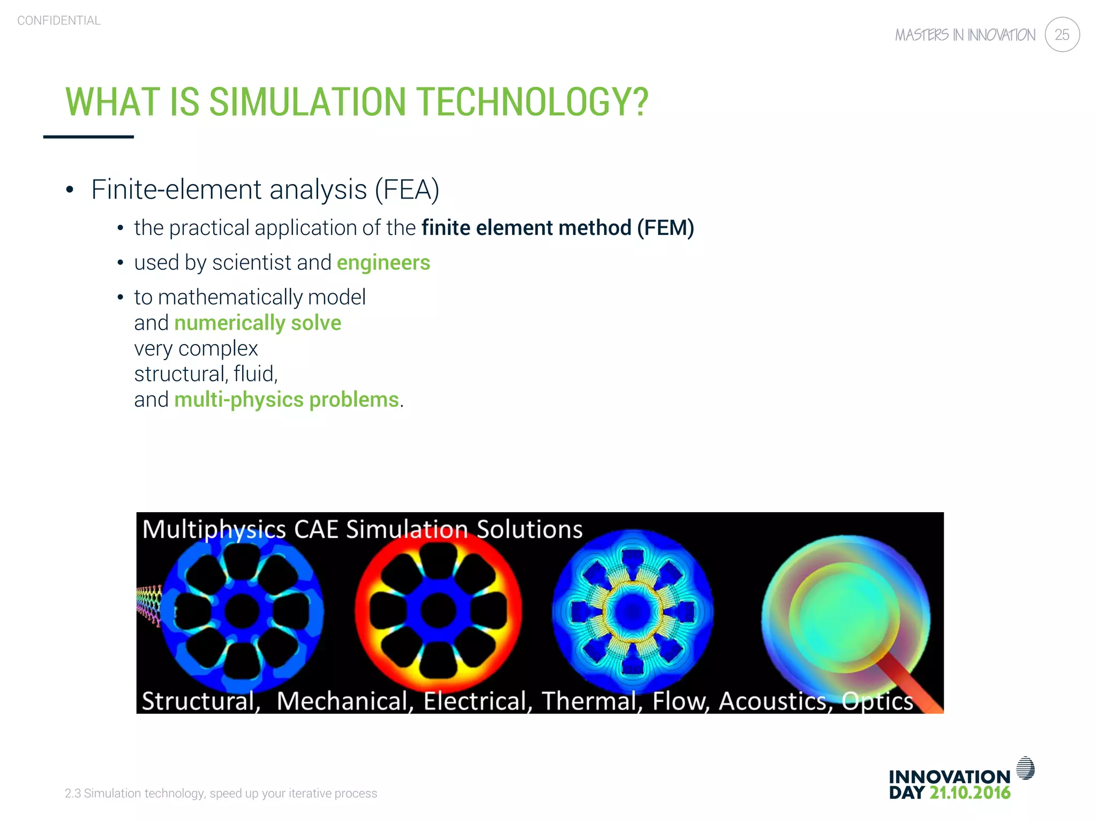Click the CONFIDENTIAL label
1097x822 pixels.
point(59,20)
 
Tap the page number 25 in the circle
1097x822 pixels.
point(1062,35)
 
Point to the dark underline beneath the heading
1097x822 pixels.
point(88,137)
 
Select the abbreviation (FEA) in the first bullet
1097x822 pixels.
point(407,189)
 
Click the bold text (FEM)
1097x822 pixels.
point(665,228)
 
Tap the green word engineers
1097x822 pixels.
point(383,263)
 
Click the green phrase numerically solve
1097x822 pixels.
point(258,323)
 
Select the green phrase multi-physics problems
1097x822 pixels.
point(287,400)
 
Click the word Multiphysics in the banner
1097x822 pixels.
point(214,529)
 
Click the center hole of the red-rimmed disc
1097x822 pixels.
point(438,611)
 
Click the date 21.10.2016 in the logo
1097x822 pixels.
point(970,793)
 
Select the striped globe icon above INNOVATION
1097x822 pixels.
point(1025,768)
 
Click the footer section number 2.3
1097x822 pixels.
point(72,793)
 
